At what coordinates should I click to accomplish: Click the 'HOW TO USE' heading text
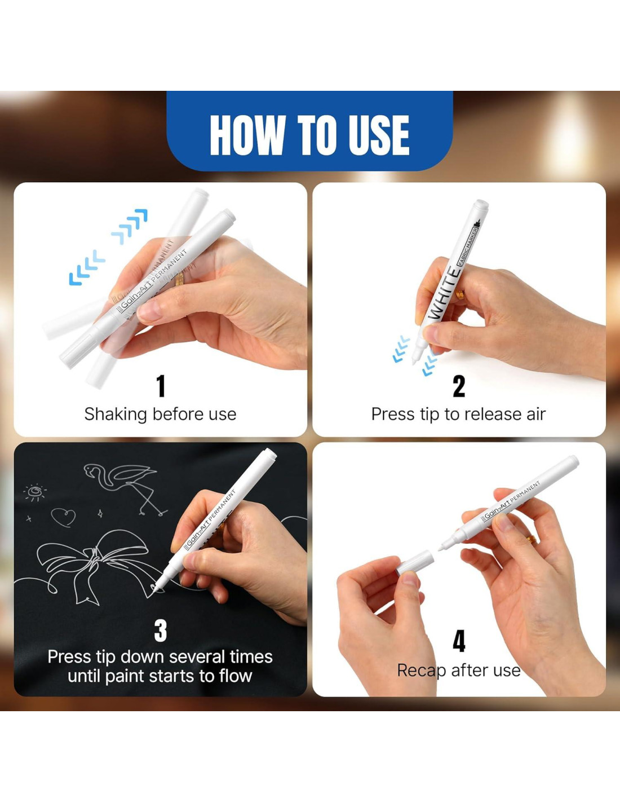(x=309, y=135)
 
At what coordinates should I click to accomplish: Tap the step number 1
(x=161, y=386)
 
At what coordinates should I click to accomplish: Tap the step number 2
(x=459, y=386)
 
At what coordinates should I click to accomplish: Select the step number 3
(x=161, y=631)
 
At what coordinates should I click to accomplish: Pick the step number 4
(x=459, y=642)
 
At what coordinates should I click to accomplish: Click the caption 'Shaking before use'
(x=160, y=414)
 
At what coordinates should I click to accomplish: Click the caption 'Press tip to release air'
(x=458, y=415)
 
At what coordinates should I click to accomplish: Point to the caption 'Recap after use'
(x=458, y=671)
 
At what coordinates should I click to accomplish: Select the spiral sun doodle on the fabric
(x=35, y=492)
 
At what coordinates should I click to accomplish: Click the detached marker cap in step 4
(x=415, y=562)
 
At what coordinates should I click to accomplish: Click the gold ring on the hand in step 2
(x=459, y=294)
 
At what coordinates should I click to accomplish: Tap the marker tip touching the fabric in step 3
(x=155, y=588)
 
